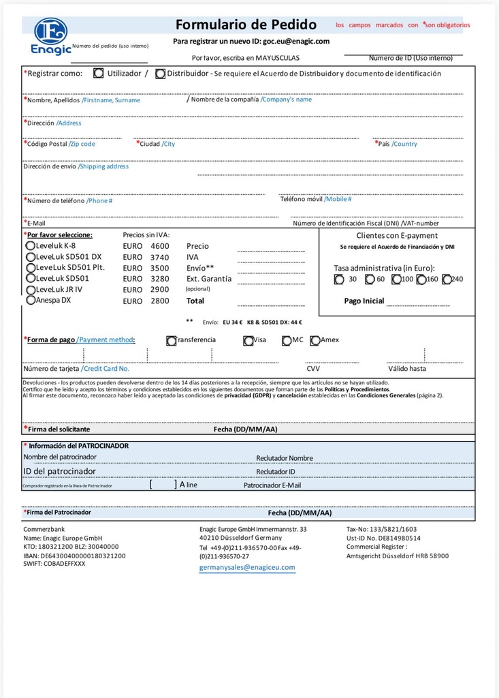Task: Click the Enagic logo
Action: pos(50,36)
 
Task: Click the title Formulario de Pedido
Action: pos(246,25)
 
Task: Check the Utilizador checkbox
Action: pos(99,73)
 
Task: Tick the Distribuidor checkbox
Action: pos(160,74)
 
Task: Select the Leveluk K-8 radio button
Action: pos(30,245)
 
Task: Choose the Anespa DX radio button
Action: pos(31,300)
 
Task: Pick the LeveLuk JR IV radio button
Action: pos(31,289)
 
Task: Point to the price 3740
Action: pos(159,257)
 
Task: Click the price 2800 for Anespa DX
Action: pos(159,301)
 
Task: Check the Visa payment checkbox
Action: pos(248,340)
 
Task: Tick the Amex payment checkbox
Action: pos(315,340)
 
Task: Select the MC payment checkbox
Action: pos(287,340)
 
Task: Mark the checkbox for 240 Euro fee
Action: pos(466,279)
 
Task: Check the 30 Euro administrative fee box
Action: pos(339,279)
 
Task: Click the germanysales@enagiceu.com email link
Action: pos(247,567)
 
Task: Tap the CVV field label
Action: pos(313,368)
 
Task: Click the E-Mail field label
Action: pos(35,223)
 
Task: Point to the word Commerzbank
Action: pos(44,529)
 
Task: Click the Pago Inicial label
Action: pos(364,301)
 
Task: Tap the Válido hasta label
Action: pos(407,368)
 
